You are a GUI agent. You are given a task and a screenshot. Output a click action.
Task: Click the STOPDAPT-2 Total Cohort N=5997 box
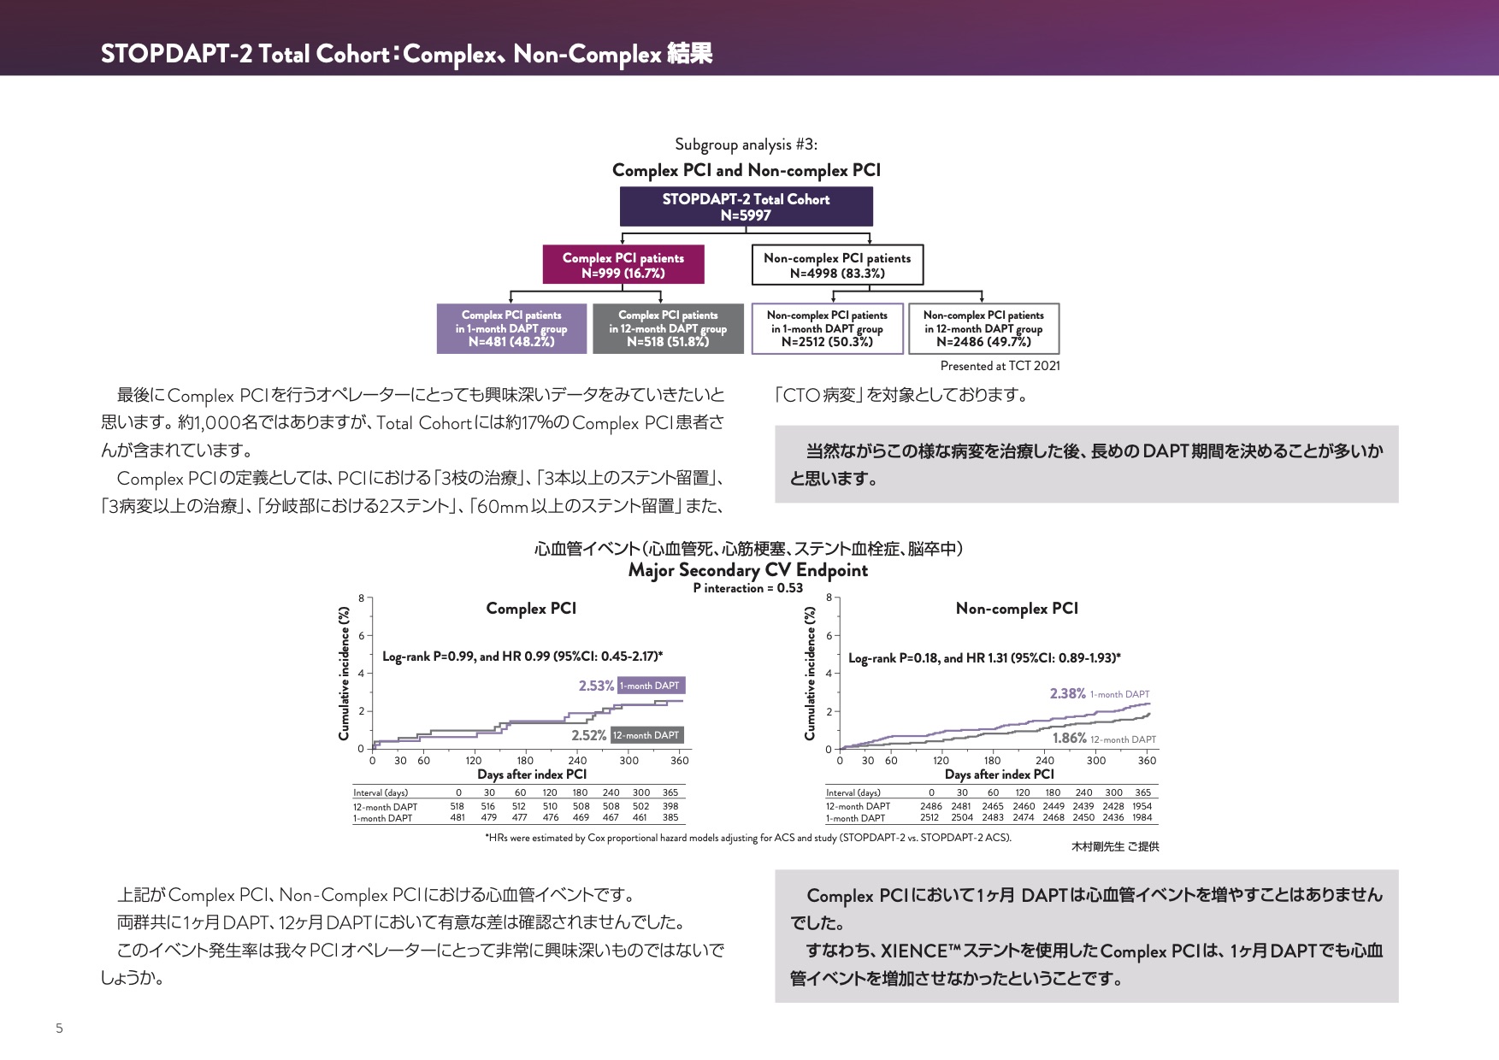coord(746,207)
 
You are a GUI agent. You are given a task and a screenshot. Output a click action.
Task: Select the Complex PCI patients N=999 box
coord(623,265)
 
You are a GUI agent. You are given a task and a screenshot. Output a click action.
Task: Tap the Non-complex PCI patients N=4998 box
coord(837,265)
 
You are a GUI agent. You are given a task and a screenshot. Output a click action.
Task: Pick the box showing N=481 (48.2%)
coord(511,328)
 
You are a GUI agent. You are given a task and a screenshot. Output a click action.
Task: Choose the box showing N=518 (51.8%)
coord(668,328)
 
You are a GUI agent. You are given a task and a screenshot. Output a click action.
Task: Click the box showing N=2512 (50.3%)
coord(827,328)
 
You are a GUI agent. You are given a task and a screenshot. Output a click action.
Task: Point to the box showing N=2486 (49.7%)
coord(983,328)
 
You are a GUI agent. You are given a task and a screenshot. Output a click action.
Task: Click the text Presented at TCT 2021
coord(1000,366)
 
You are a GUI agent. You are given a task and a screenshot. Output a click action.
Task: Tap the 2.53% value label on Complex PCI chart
coord(596,686)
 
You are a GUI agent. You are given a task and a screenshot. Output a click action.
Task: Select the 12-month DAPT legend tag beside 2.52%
coord(646,735)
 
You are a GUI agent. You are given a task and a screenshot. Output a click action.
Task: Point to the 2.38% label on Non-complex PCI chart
coord(1067,694)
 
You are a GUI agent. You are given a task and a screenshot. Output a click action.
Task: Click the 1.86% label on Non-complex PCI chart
coord(1069,739)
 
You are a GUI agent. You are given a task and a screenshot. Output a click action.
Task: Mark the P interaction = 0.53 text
coord(747,588)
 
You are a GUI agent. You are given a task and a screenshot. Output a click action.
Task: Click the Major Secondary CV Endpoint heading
coord(747,570)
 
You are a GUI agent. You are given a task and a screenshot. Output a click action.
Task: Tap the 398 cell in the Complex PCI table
coord(670,806)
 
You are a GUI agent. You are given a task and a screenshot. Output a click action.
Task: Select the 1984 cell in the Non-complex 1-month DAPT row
coord(1142,818)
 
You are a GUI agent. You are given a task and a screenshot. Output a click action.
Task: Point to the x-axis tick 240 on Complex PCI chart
coord(577,761)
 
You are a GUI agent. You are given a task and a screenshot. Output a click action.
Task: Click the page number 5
coord(59,1028)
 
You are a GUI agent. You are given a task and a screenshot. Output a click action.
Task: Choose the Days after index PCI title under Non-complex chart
coord(999,774)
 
